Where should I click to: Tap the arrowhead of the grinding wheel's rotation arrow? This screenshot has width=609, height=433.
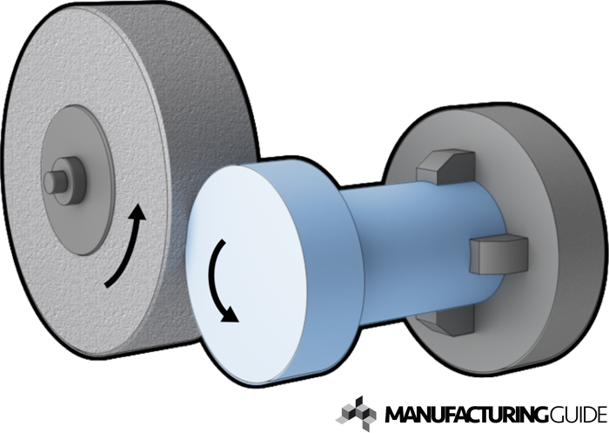(137, 213)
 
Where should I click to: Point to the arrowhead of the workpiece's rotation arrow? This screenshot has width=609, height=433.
(231, 315)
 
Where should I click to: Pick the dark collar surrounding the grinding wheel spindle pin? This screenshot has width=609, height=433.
(70, 180)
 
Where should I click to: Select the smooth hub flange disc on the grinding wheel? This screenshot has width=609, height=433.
(78, 179)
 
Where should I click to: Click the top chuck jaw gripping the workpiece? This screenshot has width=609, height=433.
(446, 166)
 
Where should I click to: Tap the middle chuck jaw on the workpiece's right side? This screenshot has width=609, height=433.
(499, 254)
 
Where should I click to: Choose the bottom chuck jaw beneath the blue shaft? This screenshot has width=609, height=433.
(446, 321)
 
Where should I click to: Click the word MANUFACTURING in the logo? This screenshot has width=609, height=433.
(466, 415)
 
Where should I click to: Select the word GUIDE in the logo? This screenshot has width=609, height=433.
(578, 415)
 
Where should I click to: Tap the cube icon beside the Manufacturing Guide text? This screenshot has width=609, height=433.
(356, 414)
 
